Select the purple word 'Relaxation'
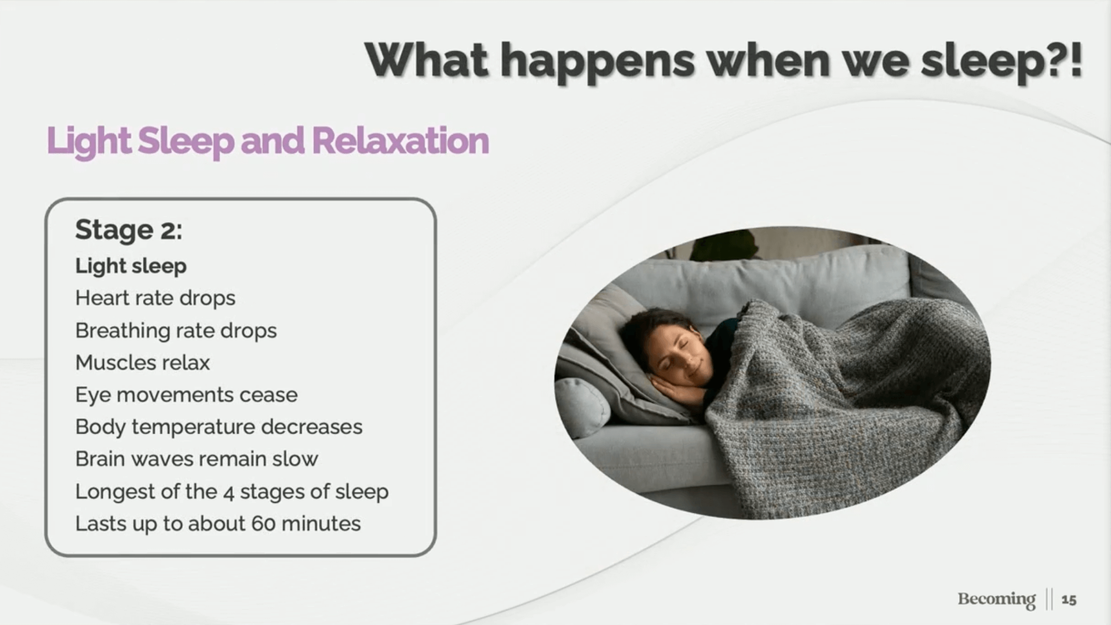(400, 141)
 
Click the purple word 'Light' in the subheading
(89, 142)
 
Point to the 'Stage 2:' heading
(128, 231)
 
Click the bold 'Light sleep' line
(131, 266)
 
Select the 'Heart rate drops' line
(155, 298)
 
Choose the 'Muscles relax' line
(143, 363)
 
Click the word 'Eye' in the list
(93, 395)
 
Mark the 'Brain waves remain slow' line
(197, 459)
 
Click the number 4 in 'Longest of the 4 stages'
(229, 492)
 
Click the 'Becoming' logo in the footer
(996, 599)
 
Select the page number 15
(1068, 600)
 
